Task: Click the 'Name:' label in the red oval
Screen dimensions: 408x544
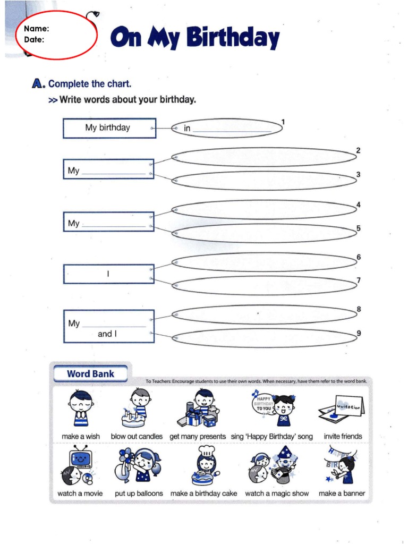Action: pos(37,29)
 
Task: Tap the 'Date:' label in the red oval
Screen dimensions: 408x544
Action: pos(35,39)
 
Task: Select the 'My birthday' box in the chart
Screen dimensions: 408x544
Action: pos(109,128)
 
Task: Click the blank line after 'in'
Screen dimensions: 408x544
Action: pos(232,129)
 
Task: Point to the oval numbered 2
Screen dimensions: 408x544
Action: pos(264,157)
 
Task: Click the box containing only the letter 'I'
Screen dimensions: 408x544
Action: pos(109,274)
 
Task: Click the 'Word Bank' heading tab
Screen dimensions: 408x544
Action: pos(90,374)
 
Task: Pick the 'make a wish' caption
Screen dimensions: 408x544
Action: pos(81,437)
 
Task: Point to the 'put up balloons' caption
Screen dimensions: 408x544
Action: pos(139,494)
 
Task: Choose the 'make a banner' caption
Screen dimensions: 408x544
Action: pos(342,494)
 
